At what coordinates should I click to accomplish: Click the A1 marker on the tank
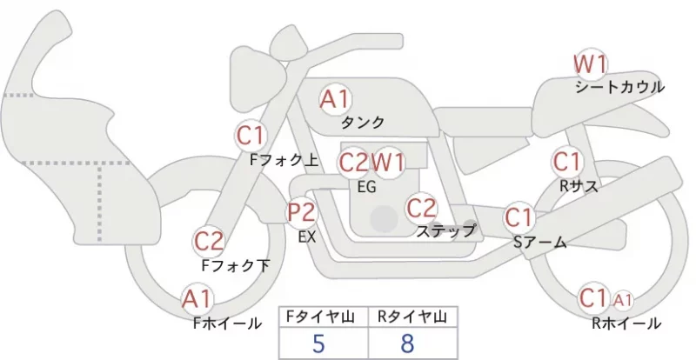click(336, 99)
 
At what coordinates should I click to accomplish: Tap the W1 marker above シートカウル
click(591, 64)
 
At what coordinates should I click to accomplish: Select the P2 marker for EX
click(302, 213)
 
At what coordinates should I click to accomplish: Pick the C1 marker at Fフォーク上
click(251, 136)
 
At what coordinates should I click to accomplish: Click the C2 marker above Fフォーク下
click(209, 242)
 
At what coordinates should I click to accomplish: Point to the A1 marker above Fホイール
click(197, 299)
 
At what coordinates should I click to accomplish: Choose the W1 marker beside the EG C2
click(388, 163)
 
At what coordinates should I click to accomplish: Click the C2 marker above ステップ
click(422, 208)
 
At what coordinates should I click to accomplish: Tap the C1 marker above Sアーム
click(519, 217)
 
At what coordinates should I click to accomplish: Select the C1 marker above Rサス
click(567, 162)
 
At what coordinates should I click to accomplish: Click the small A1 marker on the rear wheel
click(623, 301)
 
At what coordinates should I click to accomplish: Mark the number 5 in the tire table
click(318, 343)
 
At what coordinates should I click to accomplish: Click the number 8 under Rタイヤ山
click(407, 343)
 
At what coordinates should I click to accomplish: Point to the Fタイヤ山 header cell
click(324, 317)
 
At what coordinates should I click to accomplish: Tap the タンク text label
click(362, 122)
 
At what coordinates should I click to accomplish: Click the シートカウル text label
click(619, 87)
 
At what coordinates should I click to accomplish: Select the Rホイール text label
click(626, 323)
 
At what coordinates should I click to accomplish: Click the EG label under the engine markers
click(367, 187)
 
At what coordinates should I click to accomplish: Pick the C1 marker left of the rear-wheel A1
click(593, 298)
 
